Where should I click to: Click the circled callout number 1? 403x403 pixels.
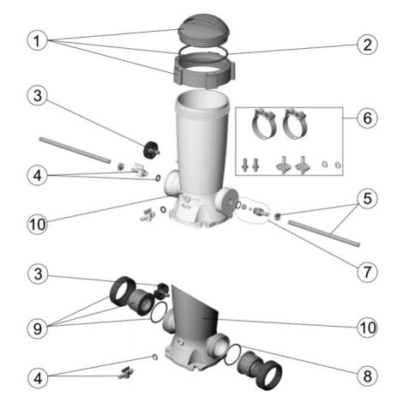pos(37,41)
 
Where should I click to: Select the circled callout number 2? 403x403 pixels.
pos(367,45)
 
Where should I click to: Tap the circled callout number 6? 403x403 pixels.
pos(367,118)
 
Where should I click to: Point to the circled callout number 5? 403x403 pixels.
pos(367,198)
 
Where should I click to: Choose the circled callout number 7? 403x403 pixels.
pos(367,272)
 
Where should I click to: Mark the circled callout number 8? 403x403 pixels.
pos(367,376)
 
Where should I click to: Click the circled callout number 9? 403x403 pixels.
pos(38,328)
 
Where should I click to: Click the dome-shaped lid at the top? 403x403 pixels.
pos(202,32)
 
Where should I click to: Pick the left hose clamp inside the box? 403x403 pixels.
pos(263,123)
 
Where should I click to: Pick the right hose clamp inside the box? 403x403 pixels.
pos(294,123)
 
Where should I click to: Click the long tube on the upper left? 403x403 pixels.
pos(75,151)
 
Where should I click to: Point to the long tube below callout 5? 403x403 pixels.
pos(324,233)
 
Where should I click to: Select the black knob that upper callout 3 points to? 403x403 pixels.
pos(151,149)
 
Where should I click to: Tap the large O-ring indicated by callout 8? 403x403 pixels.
pos(233,354)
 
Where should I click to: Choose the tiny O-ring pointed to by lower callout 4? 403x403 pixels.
pos(154,357)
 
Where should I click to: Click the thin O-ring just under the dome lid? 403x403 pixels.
pos(203,52)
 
